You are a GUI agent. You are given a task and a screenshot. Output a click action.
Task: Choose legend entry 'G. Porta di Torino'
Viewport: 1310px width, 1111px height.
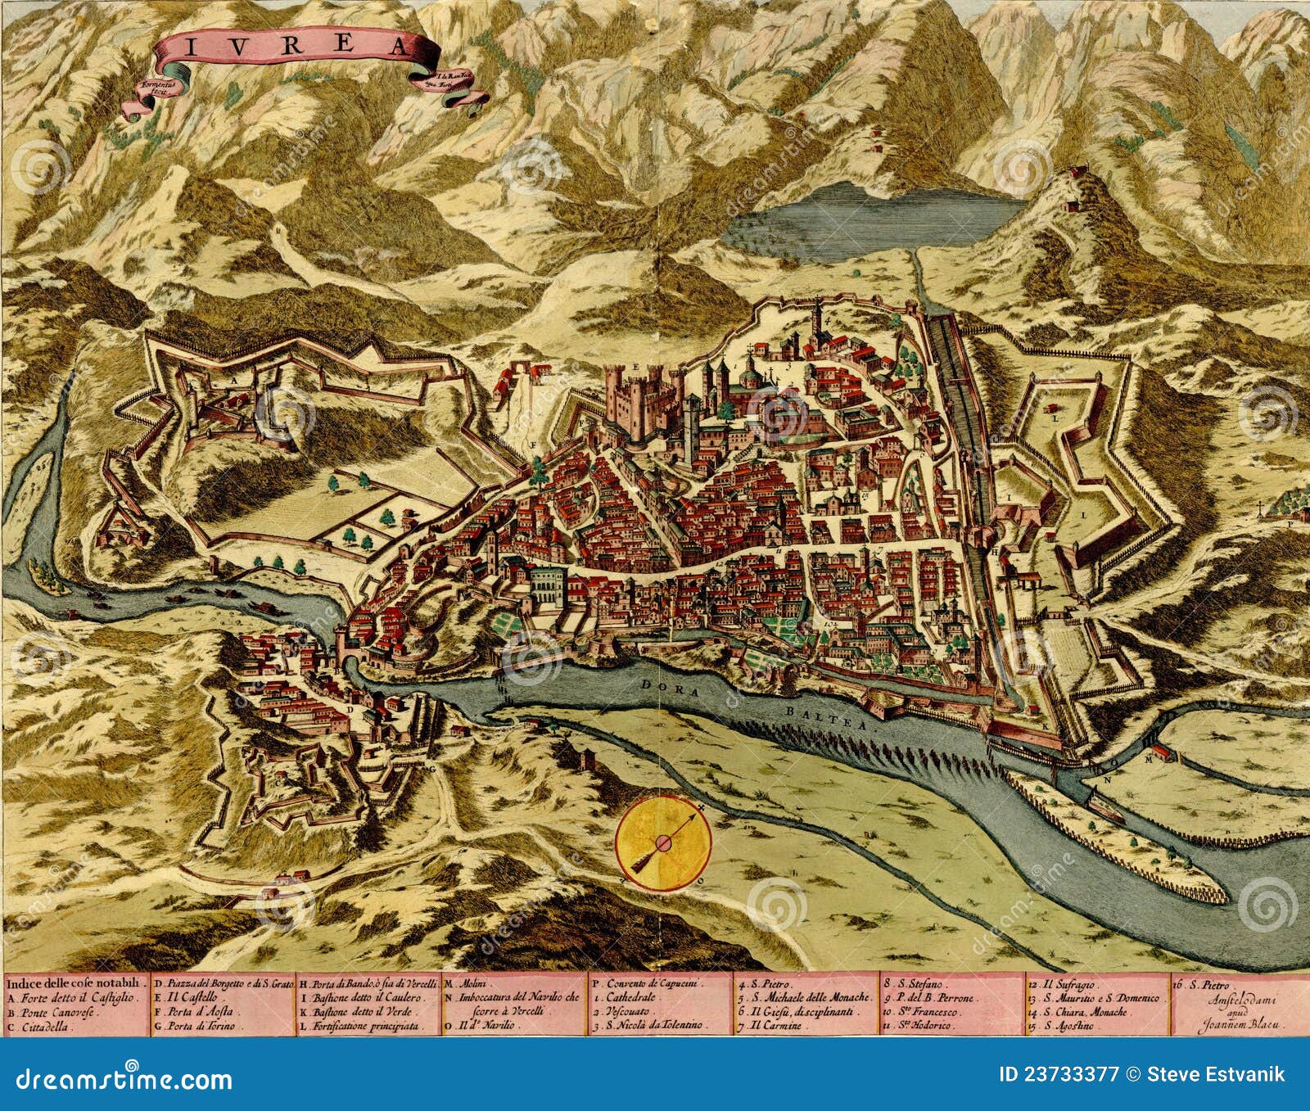[x=200, y=1026]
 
